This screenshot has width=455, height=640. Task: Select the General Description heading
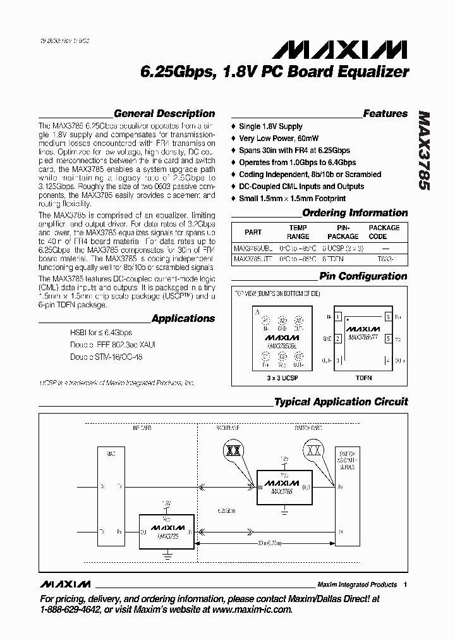coord(164,114)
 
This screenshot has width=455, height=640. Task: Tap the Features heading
coord(385,114)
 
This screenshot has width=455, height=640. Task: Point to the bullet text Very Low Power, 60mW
coord(279,138)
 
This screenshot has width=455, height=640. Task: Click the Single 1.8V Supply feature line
coord(270,126)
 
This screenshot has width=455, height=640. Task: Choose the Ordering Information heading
coord(355,213)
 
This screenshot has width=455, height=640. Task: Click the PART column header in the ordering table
coord(253,232)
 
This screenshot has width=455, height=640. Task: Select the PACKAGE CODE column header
coord(384,232)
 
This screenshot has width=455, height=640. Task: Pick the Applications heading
coord(183,319)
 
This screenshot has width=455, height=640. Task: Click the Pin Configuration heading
coord(363,276)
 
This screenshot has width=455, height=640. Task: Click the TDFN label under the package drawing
coord(363,378)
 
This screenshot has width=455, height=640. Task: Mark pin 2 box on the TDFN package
coord(339,338)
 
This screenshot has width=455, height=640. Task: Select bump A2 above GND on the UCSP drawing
coord(282,320)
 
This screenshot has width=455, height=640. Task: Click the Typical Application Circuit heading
coord(341,402)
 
